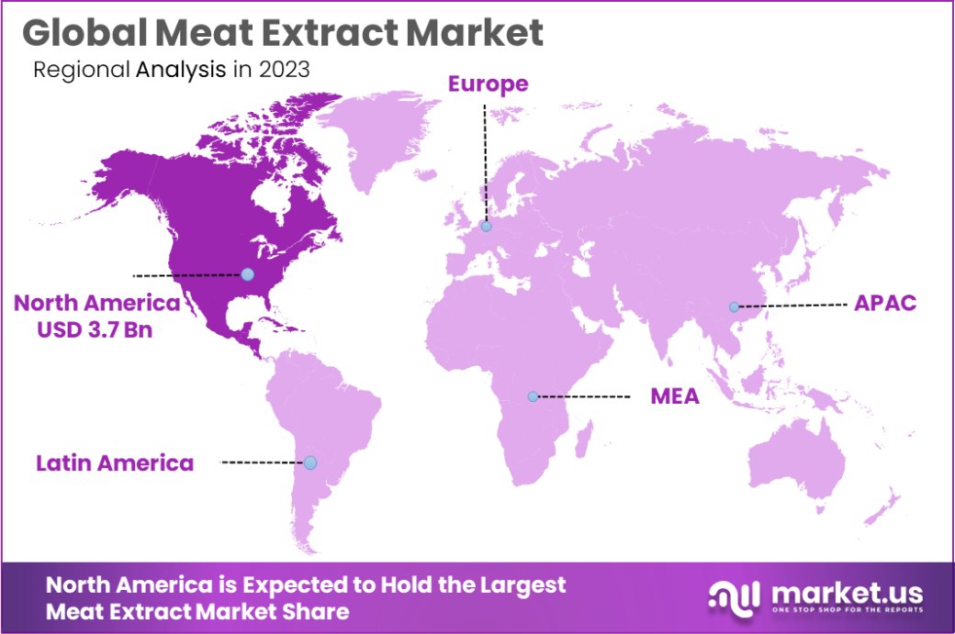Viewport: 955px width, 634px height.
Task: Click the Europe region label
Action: click(x=488, y=84)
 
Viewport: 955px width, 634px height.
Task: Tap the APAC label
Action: click(x=885, y=304)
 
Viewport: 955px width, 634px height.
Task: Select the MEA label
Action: click(x=675, y=397)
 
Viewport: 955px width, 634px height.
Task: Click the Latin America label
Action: click(x=115, y=463)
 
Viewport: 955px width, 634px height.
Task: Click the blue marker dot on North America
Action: click(x=247, y=273)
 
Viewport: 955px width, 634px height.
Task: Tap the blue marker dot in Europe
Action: click(x=486, y=226)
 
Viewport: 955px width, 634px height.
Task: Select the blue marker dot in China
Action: click(x=734, y=306)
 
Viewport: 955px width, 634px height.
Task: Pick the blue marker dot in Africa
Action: click(x=533, y=396)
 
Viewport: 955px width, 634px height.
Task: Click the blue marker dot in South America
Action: click(x=310, y=462)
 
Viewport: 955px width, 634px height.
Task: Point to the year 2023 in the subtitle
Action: click(x=285, y=71)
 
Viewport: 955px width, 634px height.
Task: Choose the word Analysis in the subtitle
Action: click(x=181, y=71)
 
